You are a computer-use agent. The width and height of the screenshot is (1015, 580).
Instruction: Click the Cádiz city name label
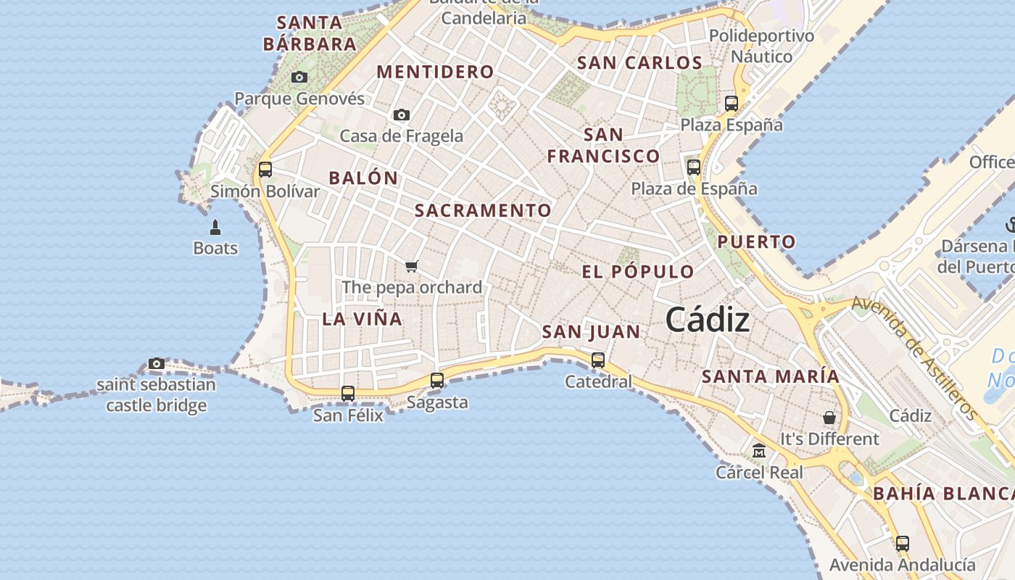coord(707,319)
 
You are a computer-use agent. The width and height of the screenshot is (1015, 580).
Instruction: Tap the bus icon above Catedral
coord(598,360)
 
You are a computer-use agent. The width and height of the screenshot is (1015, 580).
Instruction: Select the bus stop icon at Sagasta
coord(437,380)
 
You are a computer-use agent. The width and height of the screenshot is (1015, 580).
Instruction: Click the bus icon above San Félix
coord(348,393)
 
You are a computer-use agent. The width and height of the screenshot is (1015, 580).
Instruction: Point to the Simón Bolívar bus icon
coord(265,170)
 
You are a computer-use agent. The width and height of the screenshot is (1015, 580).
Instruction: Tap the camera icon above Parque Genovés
coord(299,77)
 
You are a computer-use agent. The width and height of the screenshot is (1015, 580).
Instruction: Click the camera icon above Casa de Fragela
coord(402,115)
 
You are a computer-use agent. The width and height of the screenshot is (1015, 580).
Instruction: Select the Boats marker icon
coord(215,228)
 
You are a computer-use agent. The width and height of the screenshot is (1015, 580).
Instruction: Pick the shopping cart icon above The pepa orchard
coord(412,266)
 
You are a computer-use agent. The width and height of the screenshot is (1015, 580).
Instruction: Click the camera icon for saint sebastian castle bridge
coord(157,363)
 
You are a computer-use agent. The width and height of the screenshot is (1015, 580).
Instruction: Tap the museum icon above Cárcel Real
coord(759,451)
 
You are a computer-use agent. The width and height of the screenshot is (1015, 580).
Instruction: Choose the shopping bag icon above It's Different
coord(829,418)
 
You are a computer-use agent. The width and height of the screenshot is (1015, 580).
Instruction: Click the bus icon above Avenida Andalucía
coord(903,543)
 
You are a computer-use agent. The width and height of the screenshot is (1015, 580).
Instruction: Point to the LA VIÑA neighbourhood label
coord(362,319)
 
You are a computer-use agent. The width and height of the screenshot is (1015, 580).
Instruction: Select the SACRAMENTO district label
coord(483,211)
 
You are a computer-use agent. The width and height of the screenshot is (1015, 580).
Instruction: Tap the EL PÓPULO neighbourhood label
coord(638,273)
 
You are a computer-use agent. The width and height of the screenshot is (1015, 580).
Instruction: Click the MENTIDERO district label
coord(436,72)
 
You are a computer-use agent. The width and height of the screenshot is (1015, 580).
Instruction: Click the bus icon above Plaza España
coord(732,103)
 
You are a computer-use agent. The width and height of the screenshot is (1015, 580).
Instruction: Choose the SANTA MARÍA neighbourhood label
coord(771,377)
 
